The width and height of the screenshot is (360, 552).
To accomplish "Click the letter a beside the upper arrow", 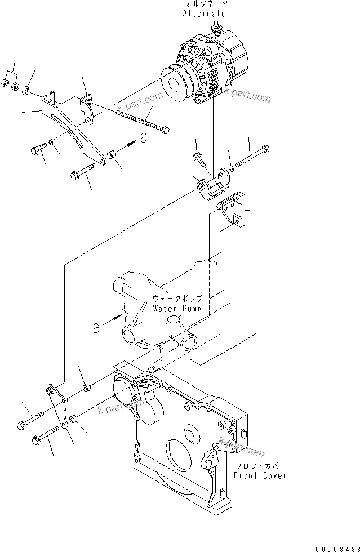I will [x=144, y=138].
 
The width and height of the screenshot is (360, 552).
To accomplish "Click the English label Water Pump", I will [x=177, y=309].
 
